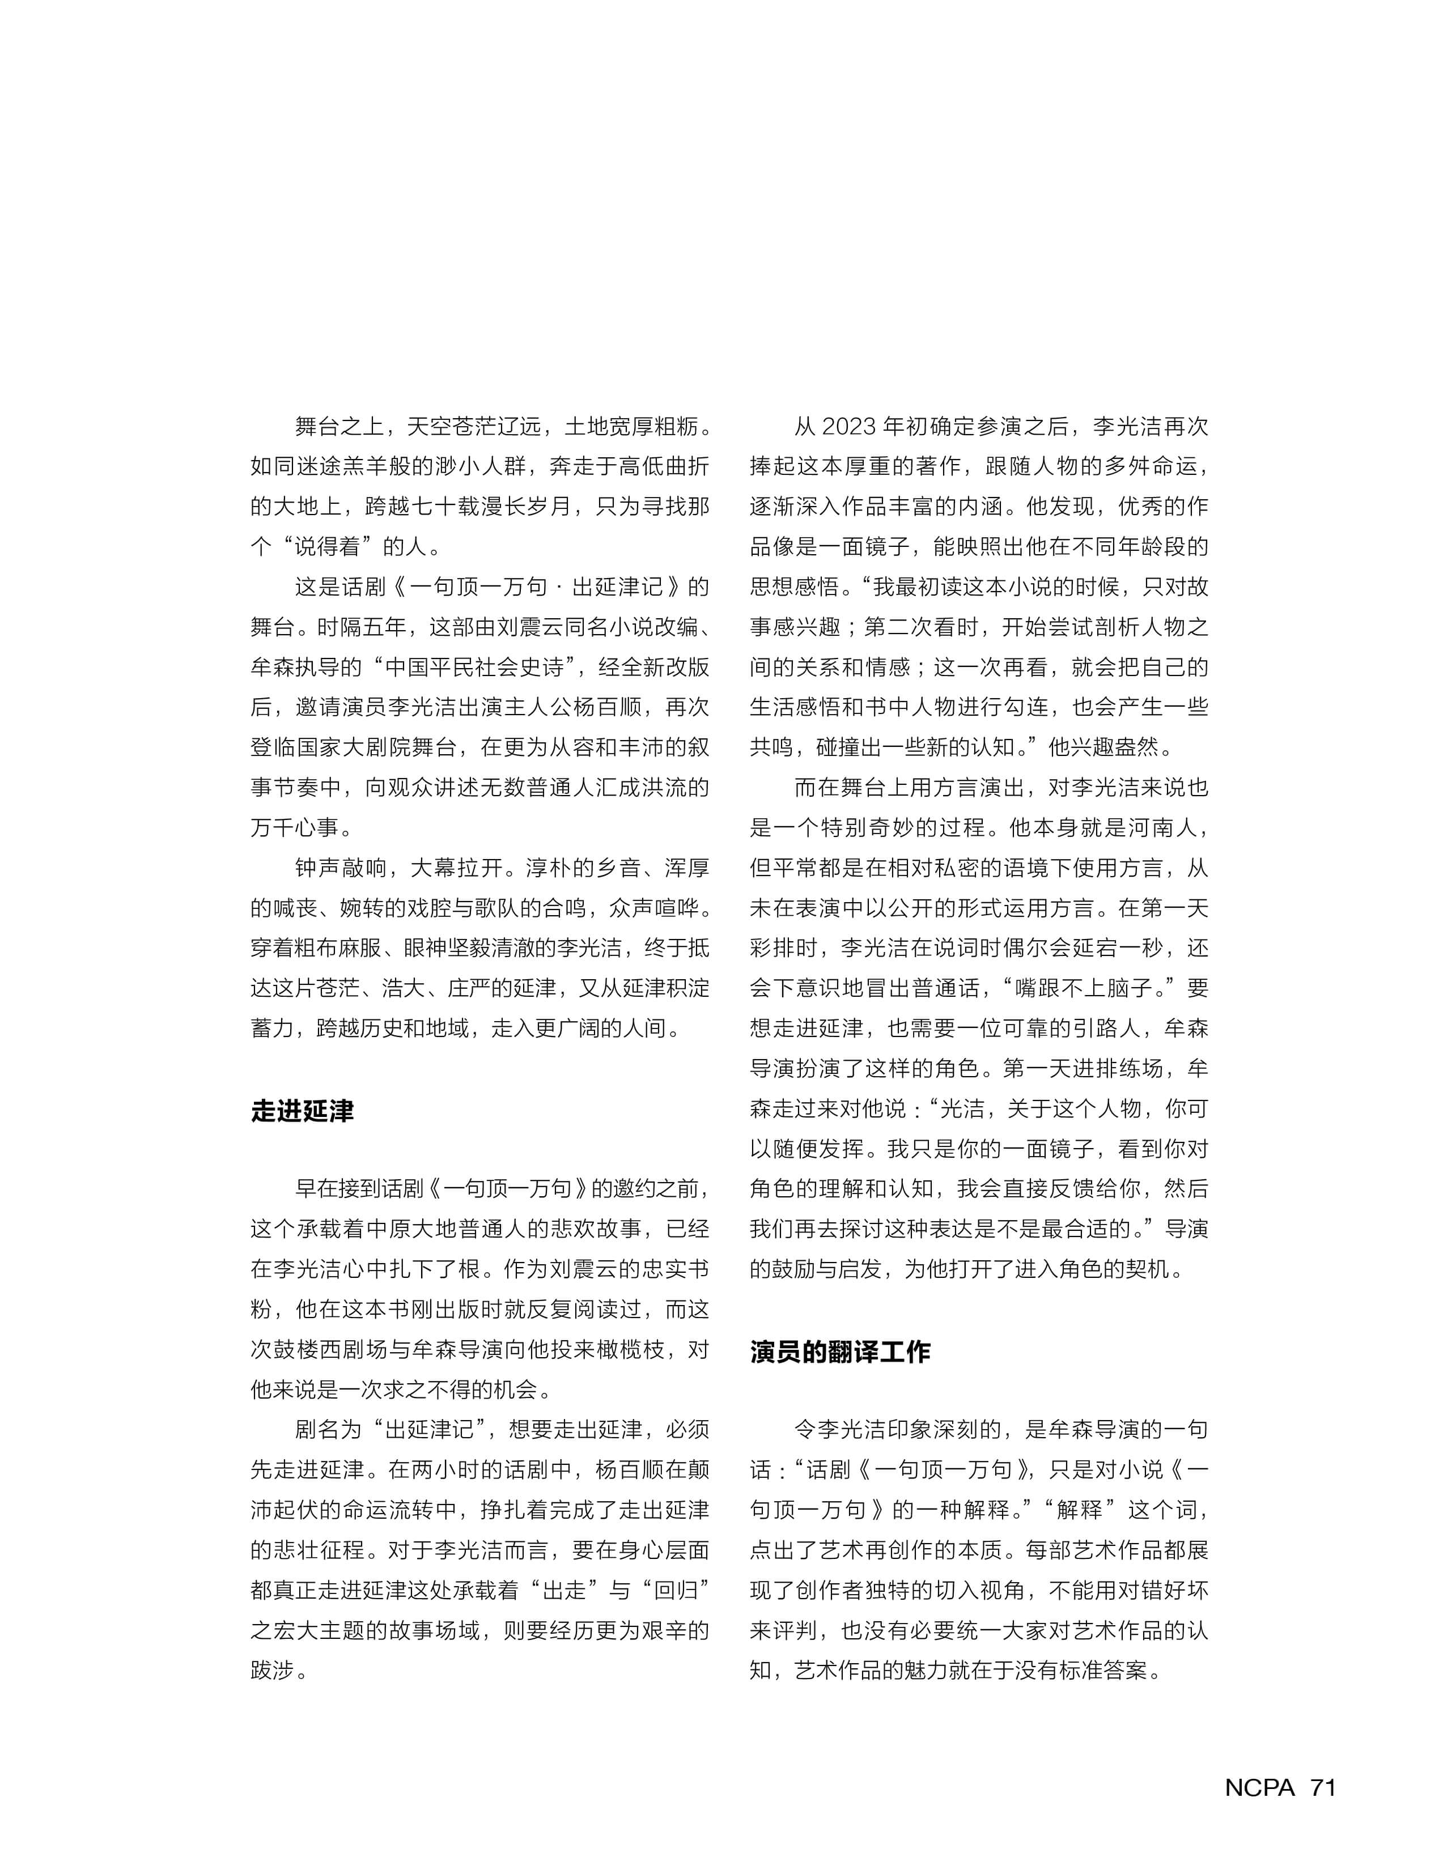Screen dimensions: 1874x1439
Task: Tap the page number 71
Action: (x=1322, y=1787)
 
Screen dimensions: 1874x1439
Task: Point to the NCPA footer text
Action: (x=1259, y=1787)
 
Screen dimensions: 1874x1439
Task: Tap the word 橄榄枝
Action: (x=630, y=1350)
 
